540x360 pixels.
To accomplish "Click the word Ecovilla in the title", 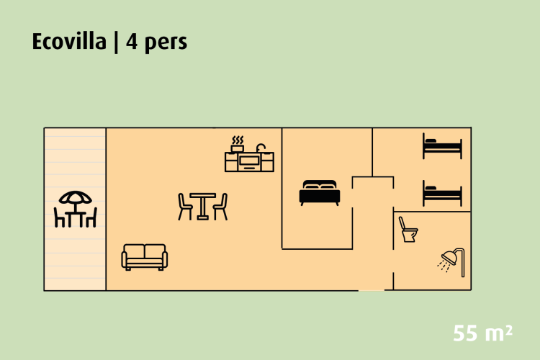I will tap(68, 42).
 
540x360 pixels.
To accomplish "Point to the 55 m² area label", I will tap(483, 333).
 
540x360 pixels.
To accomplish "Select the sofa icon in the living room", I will tap(145, 257).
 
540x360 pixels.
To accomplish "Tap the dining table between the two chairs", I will tap(203, 206).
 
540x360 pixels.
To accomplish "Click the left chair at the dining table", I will tap(185, 206).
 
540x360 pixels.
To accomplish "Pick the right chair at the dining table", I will tap(220, 206).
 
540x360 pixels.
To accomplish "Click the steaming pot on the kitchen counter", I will tap(238, 143).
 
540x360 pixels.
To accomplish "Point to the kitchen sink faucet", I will tap(261, 147).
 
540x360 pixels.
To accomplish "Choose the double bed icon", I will tap(319, 192).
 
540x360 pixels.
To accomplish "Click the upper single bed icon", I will tap(442, 148).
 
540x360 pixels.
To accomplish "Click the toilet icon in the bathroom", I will tap(408, 230).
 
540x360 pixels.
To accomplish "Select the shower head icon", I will tap(451, 259).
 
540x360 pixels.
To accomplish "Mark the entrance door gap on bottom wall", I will tap(372, 290).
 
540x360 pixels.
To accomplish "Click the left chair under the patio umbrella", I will tap(60, 217).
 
